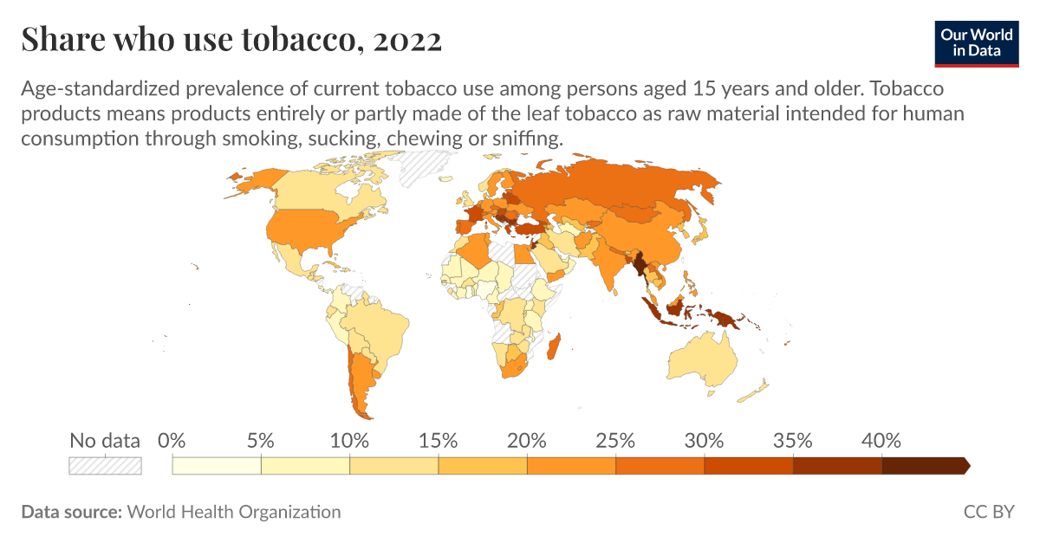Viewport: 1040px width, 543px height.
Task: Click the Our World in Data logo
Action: pos(976,41)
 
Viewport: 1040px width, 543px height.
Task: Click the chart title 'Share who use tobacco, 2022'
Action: pos(231,40)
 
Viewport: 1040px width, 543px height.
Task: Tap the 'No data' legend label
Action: pos(105,440)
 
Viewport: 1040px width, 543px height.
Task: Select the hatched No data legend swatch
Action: pos(105,466)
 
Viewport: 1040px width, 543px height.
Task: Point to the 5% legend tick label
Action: pos(261,440)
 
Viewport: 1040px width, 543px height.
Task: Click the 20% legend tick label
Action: pos(527,440)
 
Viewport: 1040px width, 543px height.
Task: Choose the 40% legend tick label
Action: pos(881,440)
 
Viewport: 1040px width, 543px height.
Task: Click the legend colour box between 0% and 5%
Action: pos(217,466)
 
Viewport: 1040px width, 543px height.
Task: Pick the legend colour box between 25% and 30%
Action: pos(660,466)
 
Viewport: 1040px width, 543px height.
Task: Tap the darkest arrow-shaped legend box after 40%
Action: pos(924,466)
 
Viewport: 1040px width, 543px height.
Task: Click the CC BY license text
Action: pos(989,512)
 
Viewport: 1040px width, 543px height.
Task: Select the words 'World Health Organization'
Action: pos(234,512)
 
